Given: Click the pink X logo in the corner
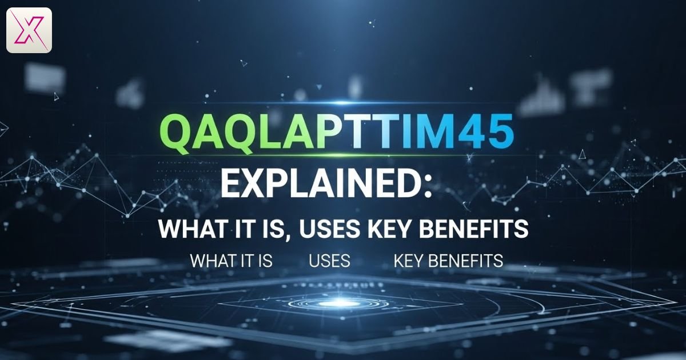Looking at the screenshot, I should point(29,30).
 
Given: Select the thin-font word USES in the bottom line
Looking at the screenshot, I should point(329,261).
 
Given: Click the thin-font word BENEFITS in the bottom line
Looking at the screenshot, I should point(465,261).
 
